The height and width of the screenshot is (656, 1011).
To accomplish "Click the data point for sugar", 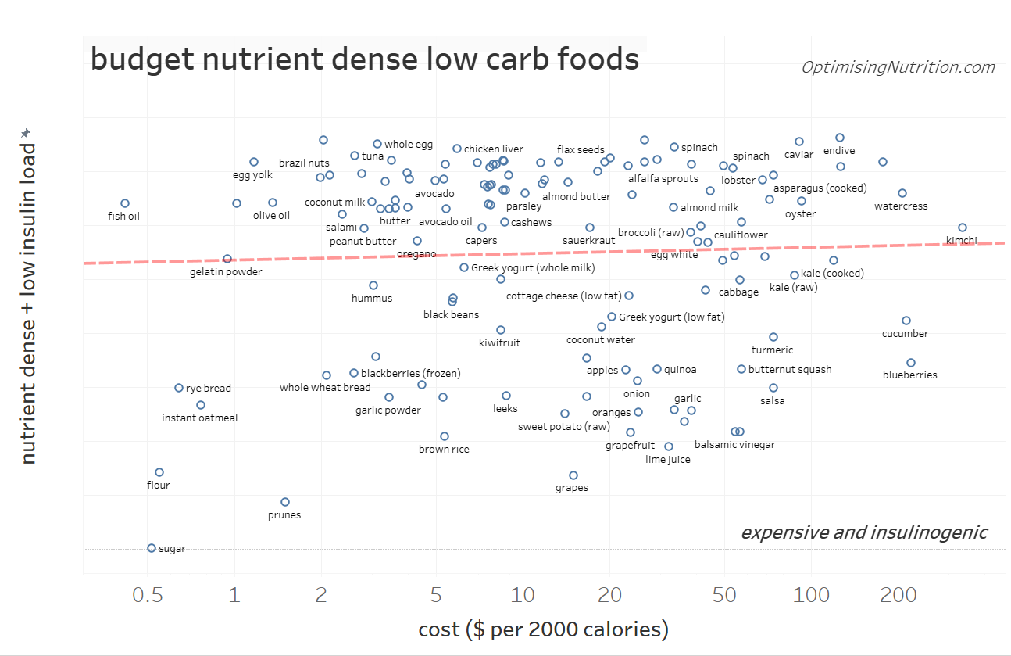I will tap(152, 548).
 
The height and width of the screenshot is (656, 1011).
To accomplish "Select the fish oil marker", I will tap(125, 203).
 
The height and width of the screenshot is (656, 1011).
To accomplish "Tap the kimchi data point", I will tap(963, 228).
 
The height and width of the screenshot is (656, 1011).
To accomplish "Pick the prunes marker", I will tap(285, 502).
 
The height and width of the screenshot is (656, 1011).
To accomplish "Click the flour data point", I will tap(159, 472).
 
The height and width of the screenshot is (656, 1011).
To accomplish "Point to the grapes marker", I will tap(573, 475).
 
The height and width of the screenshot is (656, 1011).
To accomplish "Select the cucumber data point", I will tap(906, 321).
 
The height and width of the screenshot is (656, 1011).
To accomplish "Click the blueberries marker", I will tap(911, 363).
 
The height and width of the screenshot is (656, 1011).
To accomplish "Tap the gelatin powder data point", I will tap(227, 259).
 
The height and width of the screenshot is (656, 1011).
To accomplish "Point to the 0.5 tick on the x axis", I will tap(148, 596).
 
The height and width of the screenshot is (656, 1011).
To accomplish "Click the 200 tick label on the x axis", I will tap(898, 596).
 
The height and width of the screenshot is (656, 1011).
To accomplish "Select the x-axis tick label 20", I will tap(609, 596).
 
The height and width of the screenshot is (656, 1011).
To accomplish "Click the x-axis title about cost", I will tap(544, 629).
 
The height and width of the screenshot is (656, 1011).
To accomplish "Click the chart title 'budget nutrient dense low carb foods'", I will tap(365, 59).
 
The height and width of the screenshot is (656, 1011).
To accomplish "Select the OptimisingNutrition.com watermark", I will tap(898, 67).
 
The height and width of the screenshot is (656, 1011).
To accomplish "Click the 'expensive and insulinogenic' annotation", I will tap(864, 532).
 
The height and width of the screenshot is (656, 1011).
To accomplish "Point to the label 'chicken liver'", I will tap(494, 149).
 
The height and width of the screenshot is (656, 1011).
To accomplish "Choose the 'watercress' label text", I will tap(901, 206).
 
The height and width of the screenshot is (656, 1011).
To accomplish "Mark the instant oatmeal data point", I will tap(201, 405).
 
